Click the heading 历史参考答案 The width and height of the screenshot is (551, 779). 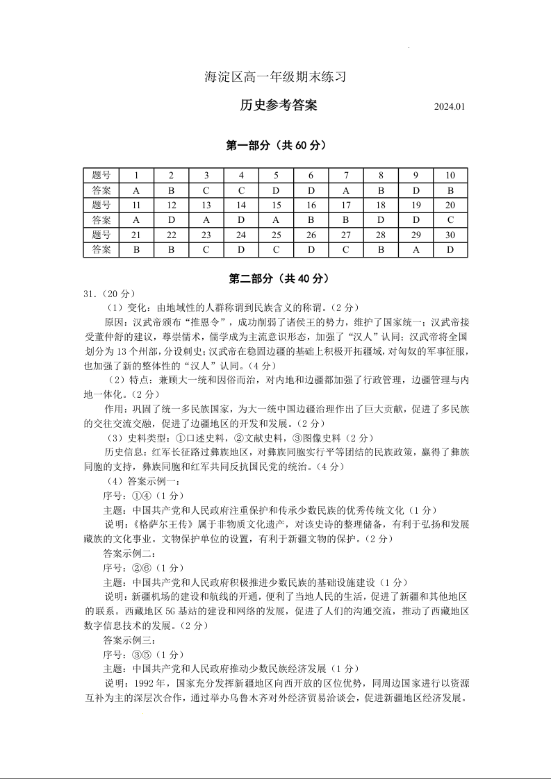[x=278, y=106]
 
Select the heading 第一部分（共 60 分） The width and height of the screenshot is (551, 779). [x=277, y=145]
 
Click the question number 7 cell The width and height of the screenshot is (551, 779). [x=346, y=175]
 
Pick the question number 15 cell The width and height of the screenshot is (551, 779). [x=276, y=205]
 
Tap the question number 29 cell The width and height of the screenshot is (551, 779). [x=416, y=235]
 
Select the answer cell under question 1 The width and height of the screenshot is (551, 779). [x=136, y=190]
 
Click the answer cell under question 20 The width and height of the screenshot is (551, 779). [x=450, y=220]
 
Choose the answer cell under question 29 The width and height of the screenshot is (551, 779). [x=416, y=250]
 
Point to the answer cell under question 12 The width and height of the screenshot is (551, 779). [x=171, y=220]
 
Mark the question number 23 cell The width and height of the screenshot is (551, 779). [x=206, y=235]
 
